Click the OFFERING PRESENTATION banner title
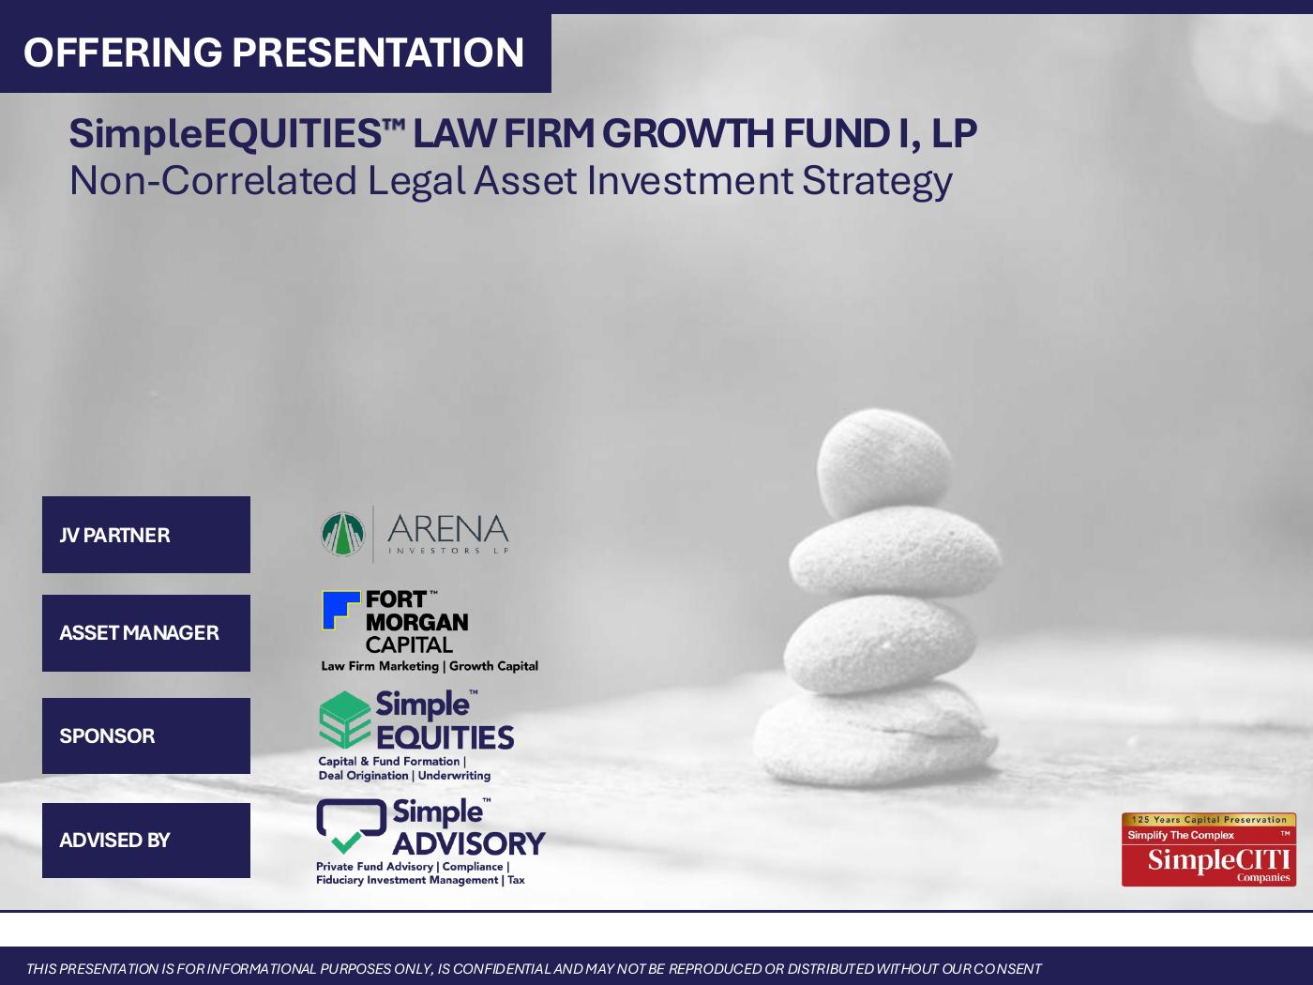click(274, 53)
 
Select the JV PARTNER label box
click(146, 535)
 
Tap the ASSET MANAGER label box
click(146, 633)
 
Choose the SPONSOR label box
click(146, 736)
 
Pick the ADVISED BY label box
click(146, 841)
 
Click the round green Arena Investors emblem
click(342, 534)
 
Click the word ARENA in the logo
click(447, 529)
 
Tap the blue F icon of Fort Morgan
click(340, 610)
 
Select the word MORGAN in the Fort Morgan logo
click(416, 622)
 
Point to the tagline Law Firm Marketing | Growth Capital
click(430, 666)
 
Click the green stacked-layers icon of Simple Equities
click(344, 720)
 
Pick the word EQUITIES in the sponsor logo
click(445, 738)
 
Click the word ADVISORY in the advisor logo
click(468, 843)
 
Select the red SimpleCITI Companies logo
click(1209, 850)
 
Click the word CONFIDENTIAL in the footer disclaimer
click(502, 969)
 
